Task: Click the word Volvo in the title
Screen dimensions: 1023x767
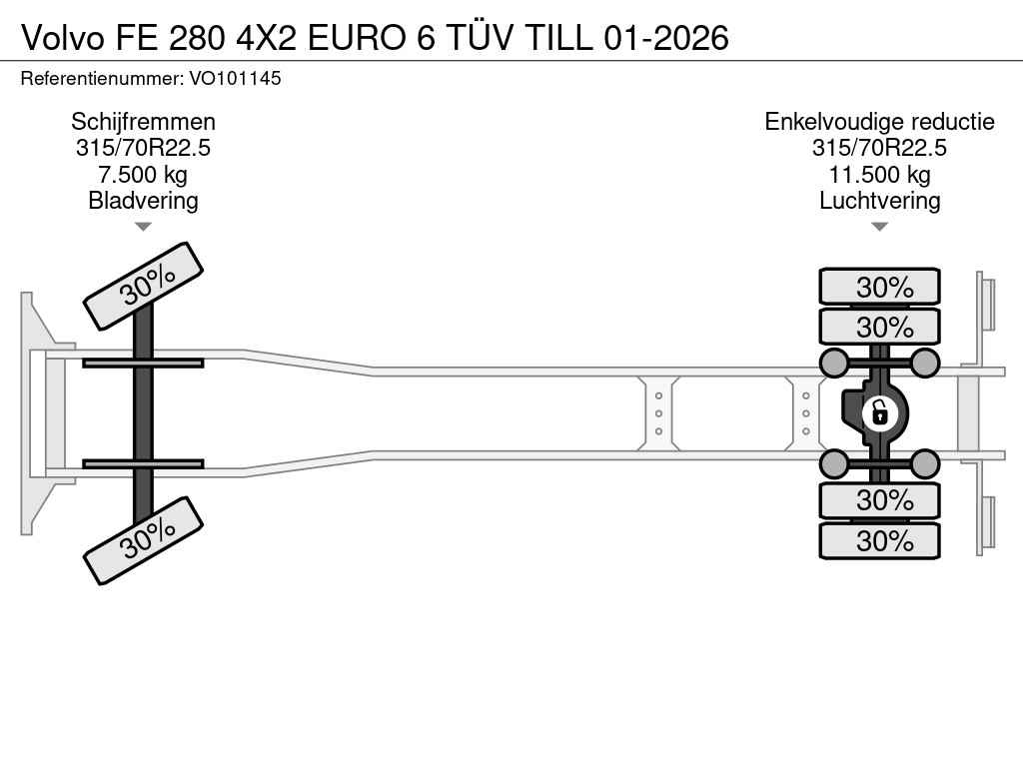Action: pyautogui.click(x=63, y=38)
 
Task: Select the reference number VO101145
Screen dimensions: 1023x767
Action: pyautogui.click(x=236, y=78)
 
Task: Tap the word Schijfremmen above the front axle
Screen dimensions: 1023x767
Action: pyautogui.click(x=144, y=122)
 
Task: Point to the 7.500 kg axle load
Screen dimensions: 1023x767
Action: pyautogui.click(x=143, y=174)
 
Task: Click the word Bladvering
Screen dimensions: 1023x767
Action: pyautogui.click(x=144, y=200)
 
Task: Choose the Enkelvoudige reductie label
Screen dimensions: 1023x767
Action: pyautogui.click(x=879, y=122)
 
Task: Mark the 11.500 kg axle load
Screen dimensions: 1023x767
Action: pyautogui.click(x=879, y=174)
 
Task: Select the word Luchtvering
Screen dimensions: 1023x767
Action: pyautogui.click(x=879, y=200)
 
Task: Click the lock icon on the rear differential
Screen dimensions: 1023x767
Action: pyautogui.click(x=879, y=412)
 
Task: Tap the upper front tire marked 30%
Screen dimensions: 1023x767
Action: pyautogui.click(x=144, y=286)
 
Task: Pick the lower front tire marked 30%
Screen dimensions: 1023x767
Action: pyautogui.click(x=144, y=540)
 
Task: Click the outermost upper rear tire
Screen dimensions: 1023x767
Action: pyautogui.click(x=879, y=287)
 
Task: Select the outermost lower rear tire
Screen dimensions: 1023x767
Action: pyautogui.click(x=879, y=540)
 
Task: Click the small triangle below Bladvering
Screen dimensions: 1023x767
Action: pyautogui.click(x=143, y=227)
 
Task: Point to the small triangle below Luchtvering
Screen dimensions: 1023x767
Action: pyautogui.click(x=879, y=227)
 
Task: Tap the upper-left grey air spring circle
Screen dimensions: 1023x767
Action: pyautogui.click(x=834, y=363)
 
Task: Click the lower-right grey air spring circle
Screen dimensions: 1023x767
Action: pyautogui.click(x=924, y=463)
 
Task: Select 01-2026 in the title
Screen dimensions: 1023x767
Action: pyautogui.click(x=666, y=38)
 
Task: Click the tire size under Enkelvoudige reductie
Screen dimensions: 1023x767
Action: pyautogui.click(x=879, y=148)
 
